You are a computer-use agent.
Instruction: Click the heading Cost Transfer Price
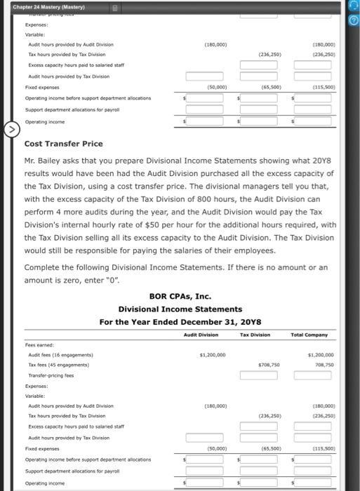click(x=63, y=144)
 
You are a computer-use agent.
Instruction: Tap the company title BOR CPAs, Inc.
click(x=180, y=296)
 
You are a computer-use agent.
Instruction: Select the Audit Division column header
click(x=201, y=335)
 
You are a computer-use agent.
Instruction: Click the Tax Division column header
click(x=255, y=335)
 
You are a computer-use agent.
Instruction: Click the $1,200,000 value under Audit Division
click(x=212, y=355)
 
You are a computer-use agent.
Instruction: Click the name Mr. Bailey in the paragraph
click(x=43, y=161)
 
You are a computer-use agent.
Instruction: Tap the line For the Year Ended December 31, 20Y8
click(x=180, y=321)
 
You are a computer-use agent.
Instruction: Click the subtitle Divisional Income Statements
click(x=180, y=309)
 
